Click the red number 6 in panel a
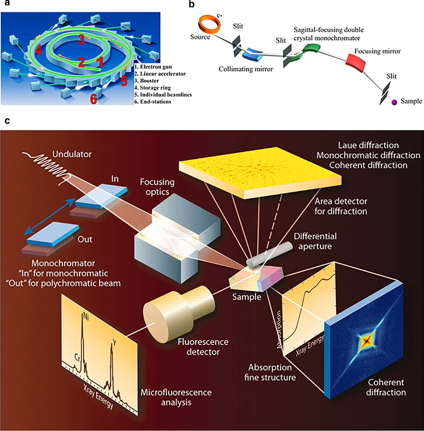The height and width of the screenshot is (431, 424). click(93, 99)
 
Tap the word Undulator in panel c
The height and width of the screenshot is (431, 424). click(72, 154)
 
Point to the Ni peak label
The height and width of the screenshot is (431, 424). click(86, 316)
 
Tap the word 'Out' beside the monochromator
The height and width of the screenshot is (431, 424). click(85, 239)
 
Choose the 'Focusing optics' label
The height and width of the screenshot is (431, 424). click(157, 187)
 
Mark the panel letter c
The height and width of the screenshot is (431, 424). click(7, 121)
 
